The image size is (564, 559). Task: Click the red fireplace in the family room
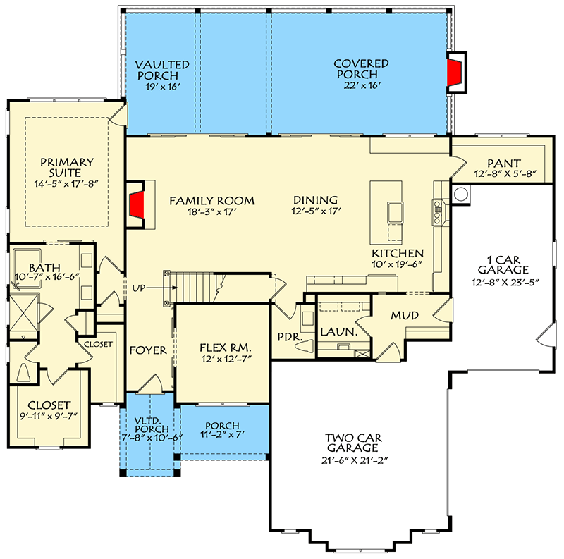click(137, 204)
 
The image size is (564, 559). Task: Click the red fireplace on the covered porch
click(455, 73)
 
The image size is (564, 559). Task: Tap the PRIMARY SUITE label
click(66, 167)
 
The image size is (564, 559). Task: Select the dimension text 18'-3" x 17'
click(211, 212)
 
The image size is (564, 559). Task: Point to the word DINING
click(315, 200)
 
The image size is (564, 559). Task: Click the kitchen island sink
click(395, 212)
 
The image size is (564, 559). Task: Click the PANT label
click(504, 164)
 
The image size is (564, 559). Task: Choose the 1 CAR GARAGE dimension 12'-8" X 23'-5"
click(505, 283)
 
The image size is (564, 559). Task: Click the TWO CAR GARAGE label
click(353, 443)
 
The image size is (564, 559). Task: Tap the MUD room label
click(405, 316)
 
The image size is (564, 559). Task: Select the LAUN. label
click(339, 332)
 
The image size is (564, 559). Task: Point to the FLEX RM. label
click(225, 348)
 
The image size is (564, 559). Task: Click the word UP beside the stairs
click(139, 288)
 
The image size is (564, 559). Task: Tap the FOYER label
click(148, 350)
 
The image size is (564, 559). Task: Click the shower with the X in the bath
click(23, 312)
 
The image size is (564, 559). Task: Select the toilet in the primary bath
click(24, 372)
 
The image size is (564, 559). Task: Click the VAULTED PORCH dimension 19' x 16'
click(163, 87)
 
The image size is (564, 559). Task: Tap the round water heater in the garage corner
click(461, 195)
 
